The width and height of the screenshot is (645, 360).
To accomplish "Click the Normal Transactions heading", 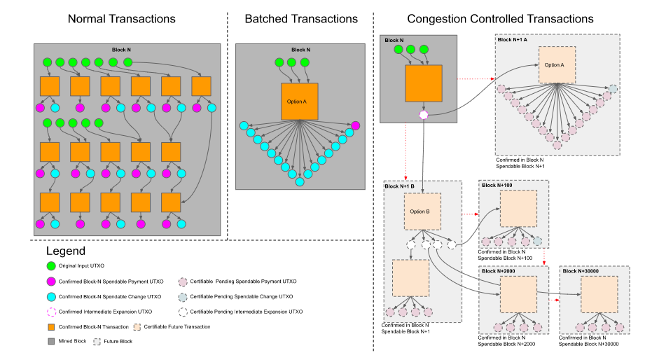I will click(121, 19).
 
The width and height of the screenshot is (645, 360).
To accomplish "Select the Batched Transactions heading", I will click(301, 19).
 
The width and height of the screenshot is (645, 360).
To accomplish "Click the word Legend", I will click(66, 251).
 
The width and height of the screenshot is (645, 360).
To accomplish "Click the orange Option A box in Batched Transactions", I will click(299, 101).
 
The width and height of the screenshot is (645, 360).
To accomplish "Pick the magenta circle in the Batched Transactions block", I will click(355, 125).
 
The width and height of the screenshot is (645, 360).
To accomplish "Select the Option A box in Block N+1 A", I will click(557, 65).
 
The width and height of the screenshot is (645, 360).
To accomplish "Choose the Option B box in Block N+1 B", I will click(422, 212).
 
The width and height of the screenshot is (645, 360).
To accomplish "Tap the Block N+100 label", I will click(497, 185).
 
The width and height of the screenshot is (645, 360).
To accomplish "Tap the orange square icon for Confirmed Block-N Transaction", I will click(50, 327).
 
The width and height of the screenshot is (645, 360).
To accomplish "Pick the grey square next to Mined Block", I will click(50, 342).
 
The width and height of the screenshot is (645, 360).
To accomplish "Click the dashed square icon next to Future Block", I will click(97, 342).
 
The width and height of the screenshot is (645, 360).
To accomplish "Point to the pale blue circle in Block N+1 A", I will click(613, 89).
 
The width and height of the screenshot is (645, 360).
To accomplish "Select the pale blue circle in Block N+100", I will click(537, 241).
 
